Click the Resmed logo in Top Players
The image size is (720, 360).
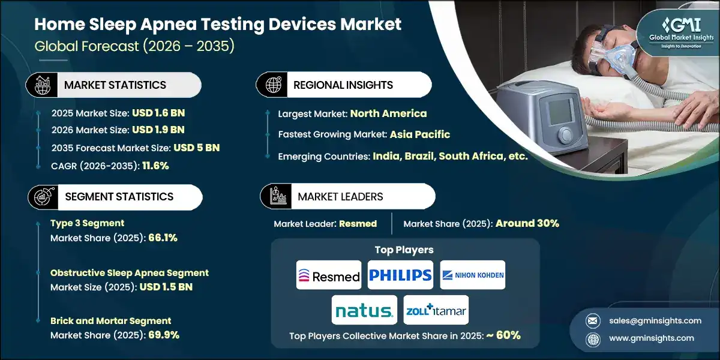pyautogui.click(x=329, y=275)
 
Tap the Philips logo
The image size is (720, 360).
pyautogui.click(x=400, y=275)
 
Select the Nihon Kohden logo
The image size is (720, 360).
pyautogui.click(x=473, y=275)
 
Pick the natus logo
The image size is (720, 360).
pyautogui.click(x=364, y=310)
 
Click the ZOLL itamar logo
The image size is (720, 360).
pyautogui.click(x=436, y=310)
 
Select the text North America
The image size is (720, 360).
pyautogui.click(x=388, y=113)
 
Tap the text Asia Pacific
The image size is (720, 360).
pyautogui.click(x=419, y=134)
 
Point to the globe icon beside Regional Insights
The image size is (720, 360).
pyautogui.click(x=273, y=85)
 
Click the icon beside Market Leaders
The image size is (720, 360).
pyautogui.click(x=278, y=197)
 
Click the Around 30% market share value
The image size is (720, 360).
pyautogui.click(x=527, y=223)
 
